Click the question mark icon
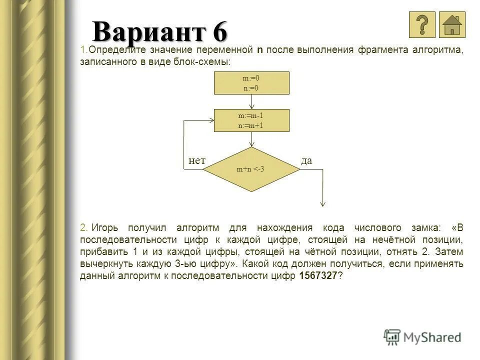[422, 24]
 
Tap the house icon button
[452, 24]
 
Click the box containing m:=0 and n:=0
[251, 83]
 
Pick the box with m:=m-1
[251, 120]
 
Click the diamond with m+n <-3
[251, 169]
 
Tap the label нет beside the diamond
[197, 160]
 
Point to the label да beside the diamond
[306, 160]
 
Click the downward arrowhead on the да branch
[323, 203]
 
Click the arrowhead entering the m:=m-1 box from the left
[211, 120]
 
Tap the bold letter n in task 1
[260, 50]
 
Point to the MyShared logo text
[432, 337]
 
